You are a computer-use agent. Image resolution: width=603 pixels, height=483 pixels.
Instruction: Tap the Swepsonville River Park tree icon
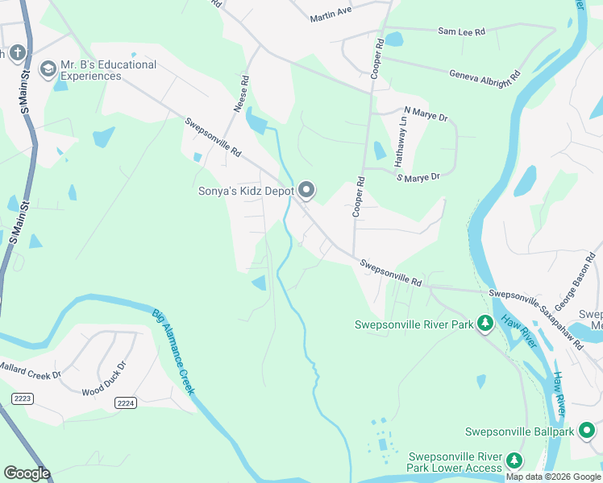click(484, 324)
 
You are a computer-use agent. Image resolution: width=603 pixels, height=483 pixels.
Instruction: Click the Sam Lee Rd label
click(461, 31)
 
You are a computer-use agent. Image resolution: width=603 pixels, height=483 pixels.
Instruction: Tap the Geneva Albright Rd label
click(484, 72)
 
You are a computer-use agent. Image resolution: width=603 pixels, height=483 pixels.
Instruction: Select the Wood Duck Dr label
click(105, 389)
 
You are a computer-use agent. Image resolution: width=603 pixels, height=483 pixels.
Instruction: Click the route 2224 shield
click(124, 403)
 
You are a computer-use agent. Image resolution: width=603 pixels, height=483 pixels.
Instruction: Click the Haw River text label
click(521, 333)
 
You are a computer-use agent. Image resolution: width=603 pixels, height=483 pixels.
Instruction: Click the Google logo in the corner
click(27, 473)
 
